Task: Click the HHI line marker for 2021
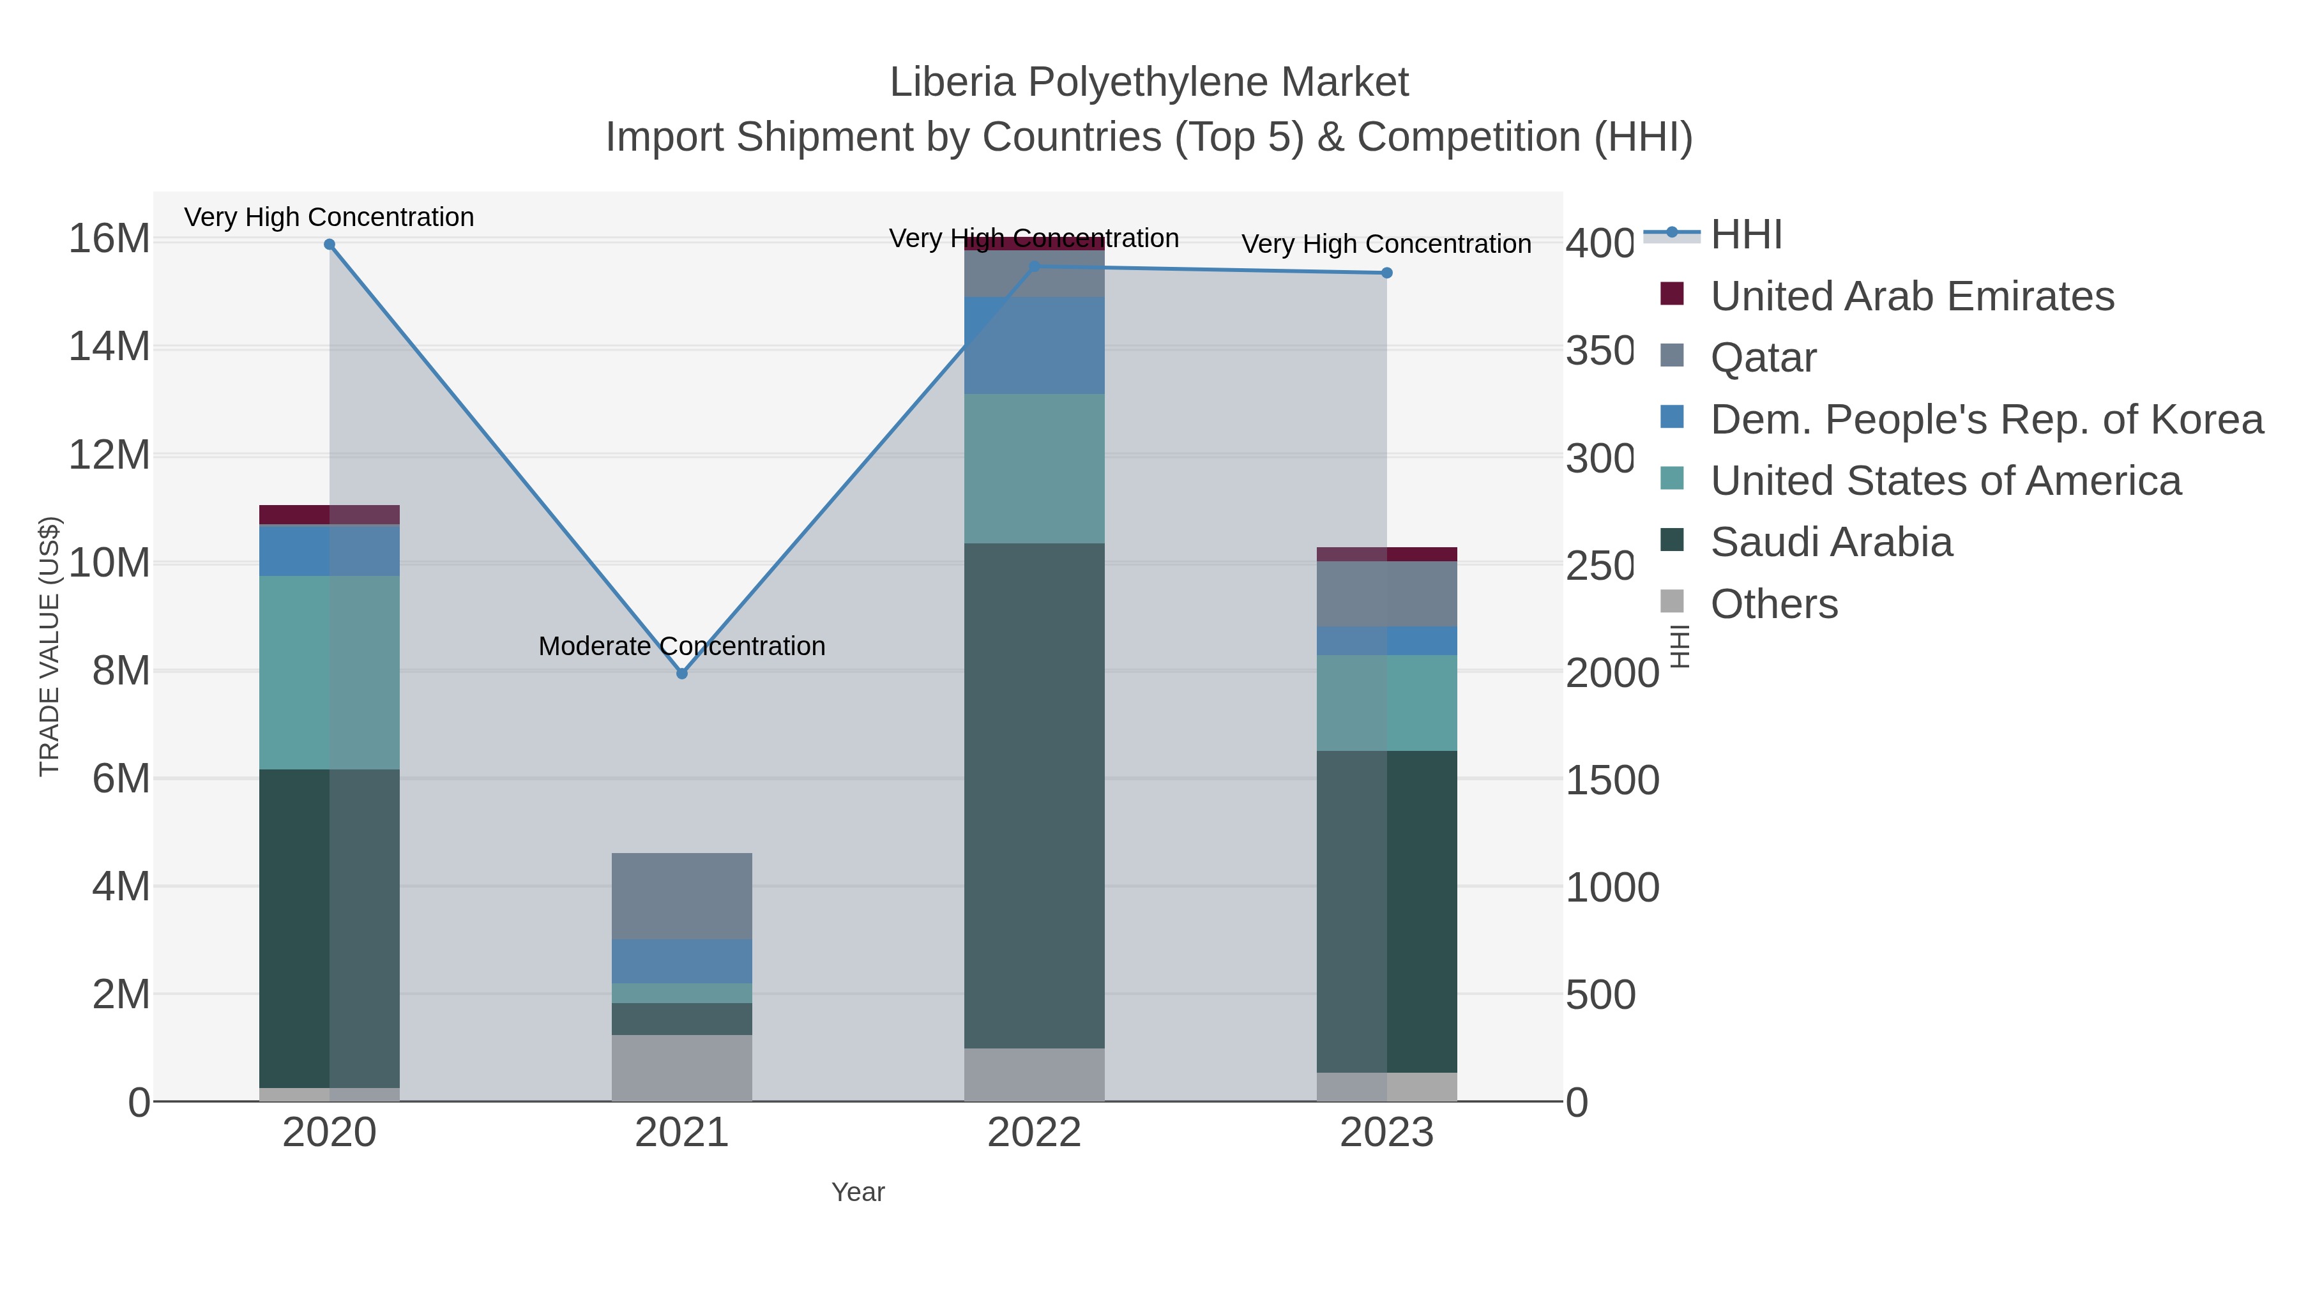click(x=682, y=674)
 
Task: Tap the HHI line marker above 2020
click(x=330, y=245)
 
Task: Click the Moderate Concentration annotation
click(x=682, y=646)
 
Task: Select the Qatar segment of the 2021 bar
click(x=682, y=896)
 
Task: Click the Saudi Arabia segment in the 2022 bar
click(x=1035, y=794)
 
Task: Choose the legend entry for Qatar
click(x=1763, y=358)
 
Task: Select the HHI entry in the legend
click(x=1746, y=235)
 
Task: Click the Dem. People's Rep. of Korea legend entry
click(x=1985, y=420)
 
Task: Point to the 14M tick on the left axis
click(x=109, y=347)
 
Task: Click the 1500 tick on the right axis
click(x=1612, y=780)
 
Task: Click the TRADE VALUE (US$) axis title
click(x=49, y=646)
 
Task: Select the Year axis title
click(x=858, y=1192)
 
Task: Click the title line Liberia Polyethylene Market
click(x=1149, y=82)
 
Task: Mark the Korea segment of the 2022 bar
click(x=1035, y=345)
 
